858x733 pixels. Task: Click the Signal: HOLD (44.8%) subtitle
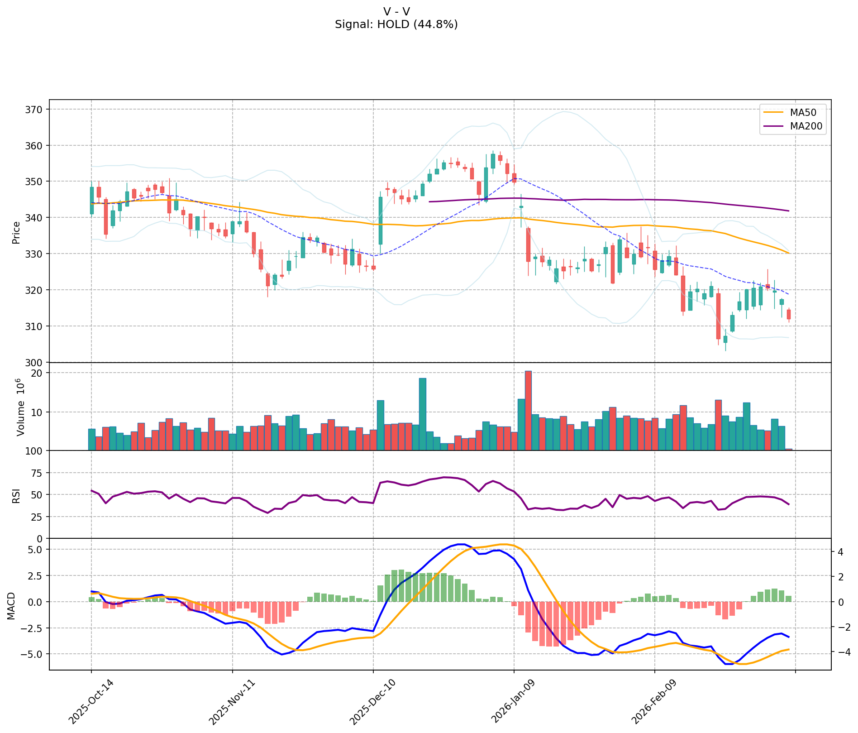[396, 24]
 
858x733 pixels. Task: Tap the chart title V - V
[396, 11]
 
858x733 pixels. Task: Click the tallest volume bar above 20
[528, 410]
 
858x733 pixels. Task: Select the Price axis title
[16, 232]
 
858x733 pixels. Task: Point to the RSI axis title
[16, 495]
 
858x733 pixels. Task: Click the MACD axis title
[12, 605]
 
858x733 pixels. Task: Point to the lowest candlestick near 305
[725, 339]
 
